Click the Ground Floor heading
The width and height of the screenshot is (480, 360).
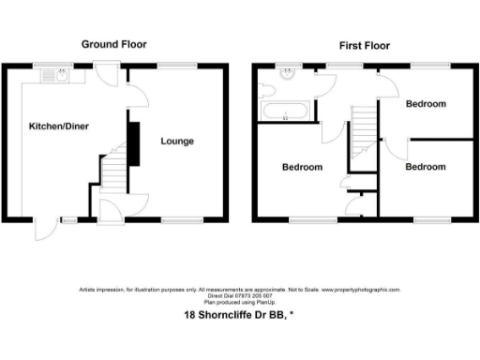[x=113, y=44]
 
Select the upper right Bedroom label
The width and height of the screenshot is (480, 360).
[x=425, y=104]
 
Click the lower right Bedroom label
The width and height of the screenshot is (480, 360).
[x=425, y=167]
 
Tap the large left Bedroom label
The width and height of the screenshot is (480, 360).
[x=303, y=167]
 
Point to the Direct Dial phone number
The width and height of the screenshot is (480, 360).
[x=239, y=295]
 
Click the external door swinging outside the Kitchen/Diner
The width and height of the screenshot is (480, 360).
[x=45, y=231]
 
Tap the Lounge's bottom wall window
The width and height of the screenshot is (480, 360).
[x=174, y=219]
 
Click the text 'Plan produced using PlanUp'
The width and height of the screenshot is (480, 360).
[x=239, y=301]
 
